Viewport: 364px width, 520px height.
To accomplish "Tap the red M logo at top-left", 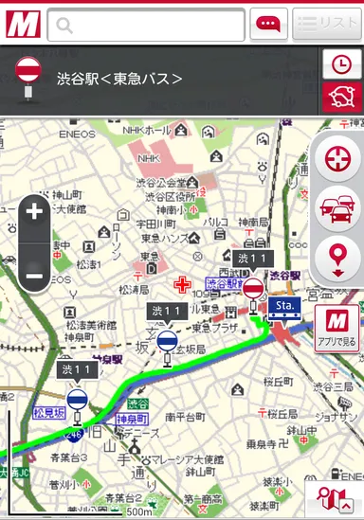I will [x=21, y=24].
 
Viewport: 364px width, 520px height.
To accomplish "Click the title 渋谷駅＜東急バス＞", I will [x=119, y=79].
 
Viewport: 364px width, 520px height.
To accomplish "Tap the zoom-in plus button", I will [x=35, y=212].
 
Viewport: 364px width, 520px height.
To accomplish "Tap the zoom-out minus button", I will [x=35, y=277].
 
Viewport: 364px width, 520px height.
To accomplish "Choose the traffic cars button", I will [x=337, y=206].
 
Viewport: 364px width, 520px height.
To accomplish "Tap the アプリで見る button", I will [x=337, y=327].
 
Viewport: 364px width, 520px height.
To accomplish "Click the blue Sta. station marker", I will [x=284, y=306].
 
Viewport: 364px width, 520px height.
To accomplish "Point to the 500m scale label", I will [x=138, y=511].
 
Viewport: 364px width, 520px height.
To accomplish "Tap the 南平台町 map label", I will [x=185, y=415].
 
